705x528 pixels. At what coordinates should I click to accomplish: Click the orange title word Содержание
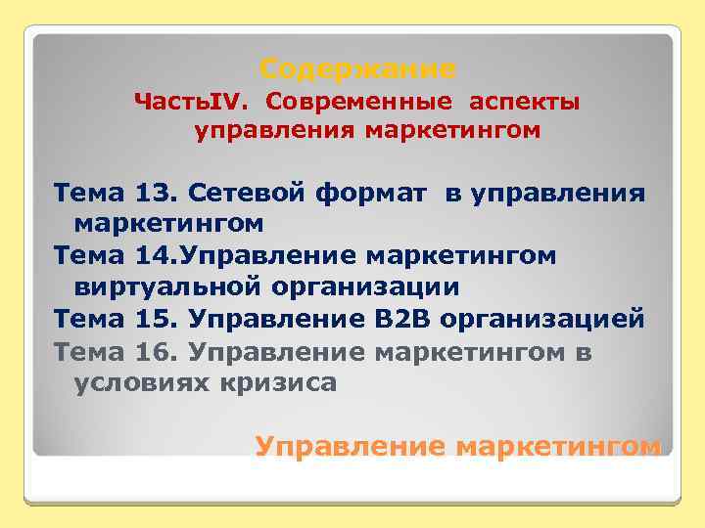point(358,70)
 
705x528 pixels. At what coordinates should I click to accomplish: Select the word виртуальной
point(168,287)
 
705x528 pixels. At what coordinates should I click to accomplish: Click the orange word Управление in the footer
point(351,446)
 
